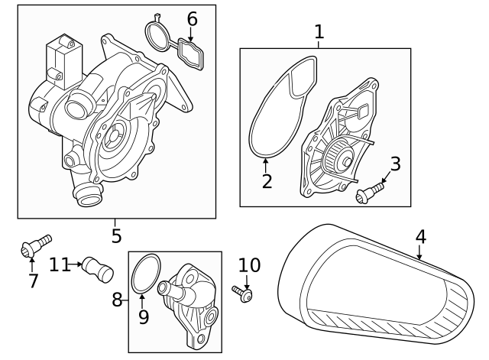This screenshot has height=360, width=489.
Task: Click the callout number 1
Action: pyautogui.click(x=319, y=32)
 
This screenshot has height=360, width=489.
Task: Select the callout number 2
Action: pyautogui.click(x=267, y=181)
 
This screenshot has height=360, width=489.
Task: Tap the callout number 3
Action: pyautogui.click(x=395, y=163)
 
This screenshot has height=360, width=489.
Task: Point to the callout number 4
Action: pyautogui.click(x=420, y=236)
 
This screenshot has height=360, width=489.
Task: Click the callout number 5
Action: pyautogui.click(x=116, y=235)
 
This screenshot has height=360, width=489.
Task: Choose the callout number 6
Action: pyautogui.click(x=192, y=17)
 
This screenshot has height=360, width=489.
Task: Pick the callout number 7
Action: pyautogui.click(x=33, y=281)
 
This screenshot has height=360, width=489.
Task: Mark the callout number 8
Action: pyautogui.click(x=118, y=300)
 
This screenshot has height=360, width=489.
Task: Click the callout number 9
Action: pyautogui.click(x=144, y=316)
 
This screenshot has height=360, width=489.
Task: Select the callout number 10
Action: pyautogui.click(x=249, y=265)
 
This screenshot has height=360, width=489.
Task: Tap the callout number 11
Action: pyautogui.click(x=60, y=264)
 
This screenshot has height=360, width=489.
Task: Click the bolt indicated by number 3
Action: pyautogui.click(x=370, y=191)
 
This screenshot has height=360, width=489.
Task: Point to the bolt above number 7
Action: pyautogui.click(x=34, y=246)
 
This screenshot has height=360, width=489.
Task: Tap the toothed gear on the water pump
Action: pyautogui.click(x=334, y=158)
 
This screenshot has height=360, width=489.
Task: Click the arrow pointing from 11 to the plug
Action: pyautogui.click(x=79, y=265)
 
